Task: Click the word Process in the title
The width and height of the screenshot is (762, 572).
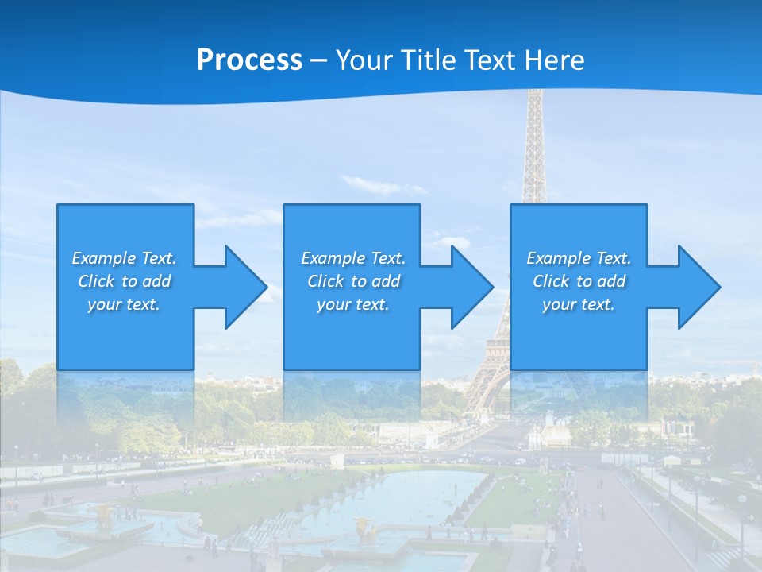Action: coord(249,60)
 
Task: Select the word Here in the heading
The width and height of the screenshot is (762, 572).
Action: coord(555,60)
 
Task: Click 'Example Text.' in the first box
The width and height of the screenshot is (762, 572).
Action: coord(124,258)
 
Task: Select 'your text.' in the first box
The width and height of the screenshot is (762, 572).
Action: coord(124,304)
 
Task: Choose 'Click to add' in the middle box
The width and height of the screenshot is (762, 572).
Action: coord(353,281)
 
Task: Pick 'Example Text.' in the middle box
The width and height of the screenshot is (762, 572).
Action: coord(353,258)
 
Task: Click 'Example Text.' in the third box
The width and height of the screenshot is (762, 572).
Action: coord(579,258)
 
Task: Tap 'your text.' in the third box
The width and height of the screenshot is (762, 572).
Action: coord(579,304)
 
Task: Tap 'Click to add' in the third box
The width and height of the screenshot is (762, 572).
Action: coord(579,281)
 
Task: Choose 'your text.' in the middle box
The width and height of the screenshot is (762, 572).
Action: coord(353,304)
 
